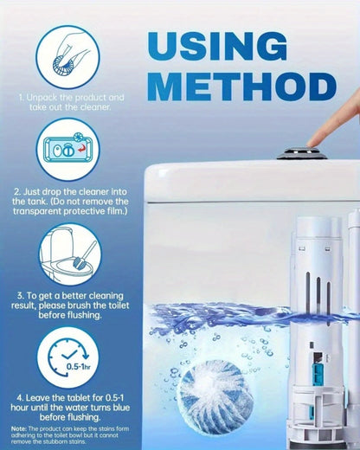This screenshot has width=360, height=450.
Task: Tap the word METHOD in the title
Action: click(241, 87)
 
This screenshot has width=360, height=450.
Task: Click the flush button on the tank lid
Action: click(302, 153)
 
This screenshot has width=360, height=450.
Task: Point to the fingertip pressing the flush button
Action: click(314, 141)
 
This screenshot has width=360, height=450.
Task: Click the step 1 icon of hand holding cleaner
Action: click(67, 57)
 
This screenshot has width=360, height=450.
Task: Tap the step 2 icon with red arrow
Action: click(68, 150)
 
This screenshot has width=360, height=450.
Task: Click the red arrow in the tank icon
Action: click(82, 149)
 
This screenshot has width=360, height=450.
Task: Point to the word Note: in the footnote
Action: click(19, 428)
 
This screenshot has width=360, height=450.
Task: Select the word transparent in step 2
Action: click(37, 211)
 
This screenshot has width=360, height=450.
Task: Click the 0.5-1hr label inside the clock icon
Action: click(78, 367)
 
